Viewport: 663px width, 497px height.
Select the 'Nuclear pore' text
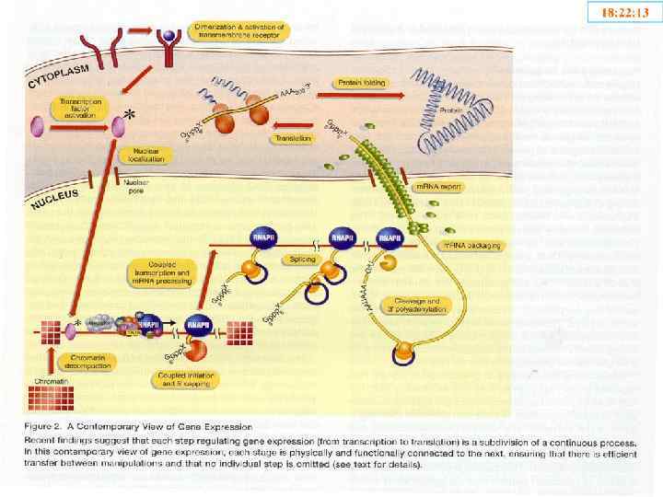136,185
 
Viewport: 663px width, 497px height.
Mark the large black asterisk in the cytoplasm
132,114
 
